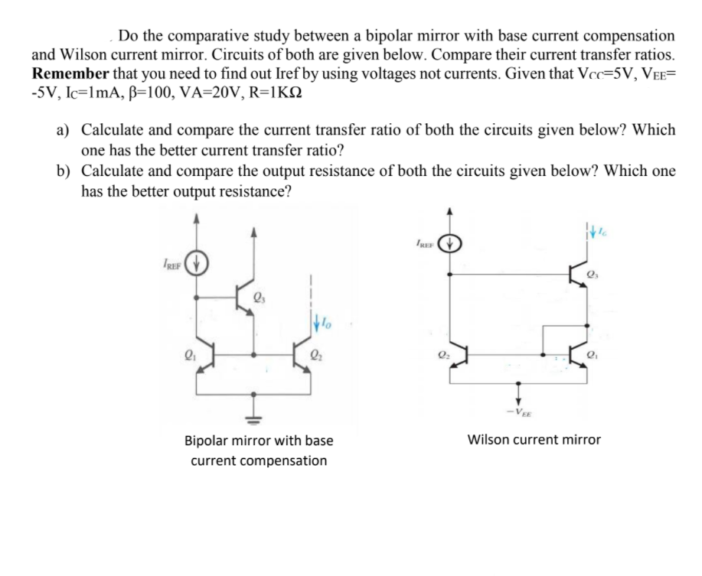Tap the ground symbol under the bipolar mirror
coord(253,418)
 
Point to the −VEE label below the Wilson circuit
coord(524,414)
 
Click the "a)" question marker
coord(66,130)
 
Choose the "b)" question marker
coord(66,171)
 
